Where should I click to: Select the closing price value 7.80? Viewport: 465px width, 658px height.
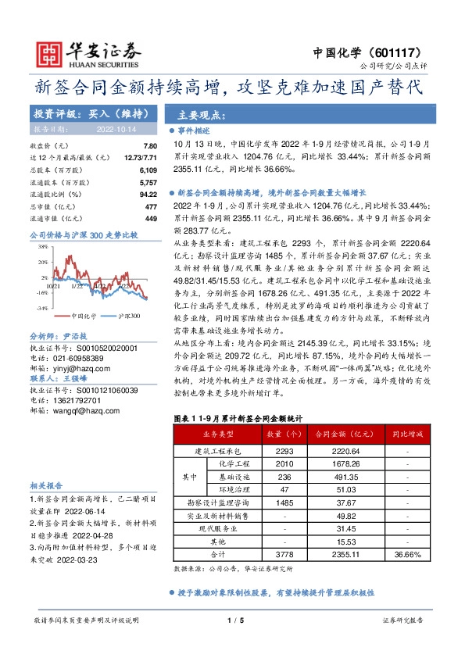(151, 146)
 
